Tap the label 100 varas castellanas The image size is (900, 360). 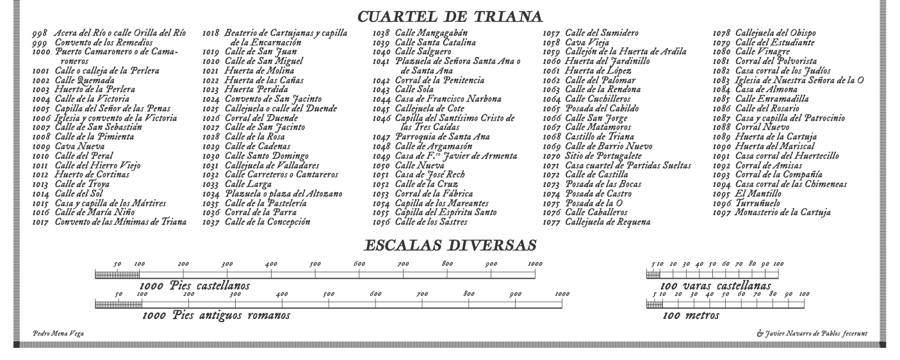coord(715,286)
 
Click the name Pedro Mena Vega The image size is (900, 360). coord(58,334)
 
